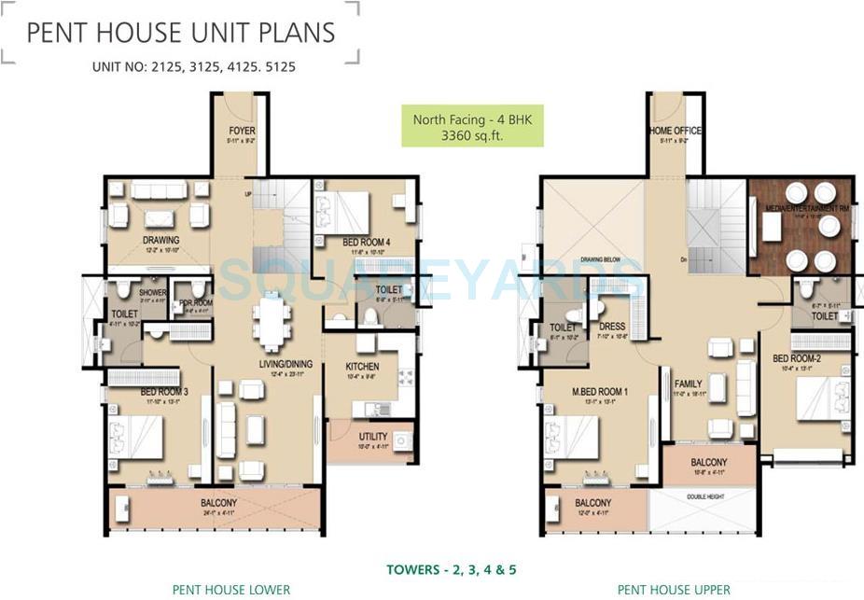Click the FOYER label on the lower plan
click(241, 131)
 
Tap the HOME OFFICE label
click(675, 131)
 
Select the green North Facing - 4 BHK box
click(472, 127)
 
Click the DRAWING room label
click(160, 241)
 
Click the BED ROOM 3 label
click(164, 392)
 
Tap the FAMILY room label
click(688, 384)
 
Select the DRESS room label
click(612, 327)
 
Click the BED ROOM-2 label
click(795, 358)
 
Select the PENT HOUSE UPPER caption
click(674, 589)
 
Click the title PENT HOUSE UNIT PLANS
click(180, 33)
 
